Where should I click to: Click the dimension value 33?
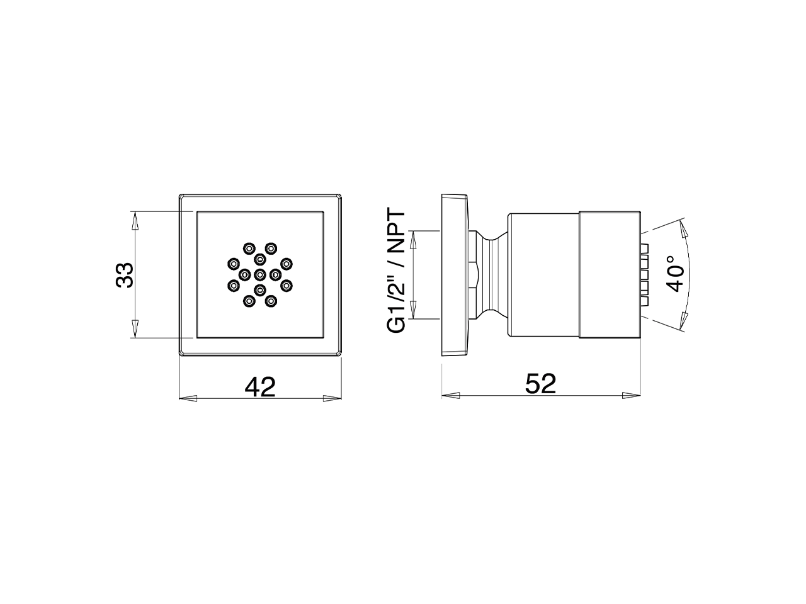(x=125, y=274)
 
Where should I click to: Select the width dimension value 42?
(x=260, y=386)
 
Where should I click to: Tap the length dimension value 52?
(x=541, y=384)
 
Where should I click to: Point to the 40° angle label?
(x=674, y=273)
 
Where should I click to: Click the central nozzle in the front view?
(x=260, y=274)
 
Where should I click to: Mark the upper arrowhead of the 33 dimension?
(x=134, y=220)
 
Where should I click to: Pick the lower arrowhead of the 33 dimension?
(x=134, y=328)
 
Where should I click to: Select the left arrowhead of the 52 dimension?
(x=450, y=395)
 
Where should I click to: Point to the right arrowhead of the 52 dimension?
(x=632, y=395)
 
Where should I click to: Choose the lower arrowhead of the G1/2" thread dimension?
(x=413, y=310)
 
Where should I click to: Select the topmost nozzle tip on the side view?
(x=644, y=246)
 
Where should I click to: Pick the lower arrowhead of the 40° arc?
(x=683, y=321)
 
